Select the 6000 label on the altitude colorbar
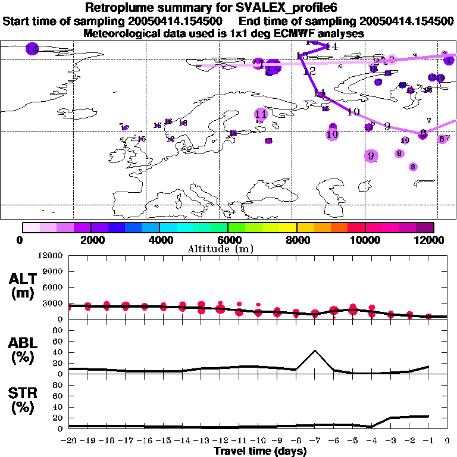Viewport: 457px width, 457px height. pos(228,240)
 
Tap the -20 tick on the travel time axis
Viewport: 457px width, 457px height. pos(70,441)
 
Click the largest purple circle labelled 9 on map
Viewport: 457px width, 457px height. pos(371,156)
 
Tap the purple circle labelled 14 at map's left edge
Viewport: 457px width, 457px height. pos(32,49)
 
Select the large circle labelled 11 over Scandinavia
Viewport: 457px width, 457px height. pos(261,114)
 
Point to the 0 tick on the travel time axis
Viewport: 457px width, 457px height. pos(447,441)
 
